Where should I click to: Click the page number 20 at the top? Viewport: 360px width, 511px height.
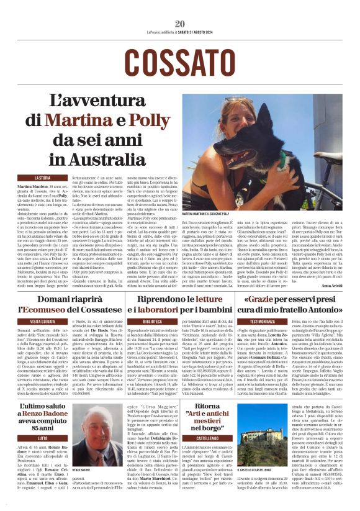coord(180,24)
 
